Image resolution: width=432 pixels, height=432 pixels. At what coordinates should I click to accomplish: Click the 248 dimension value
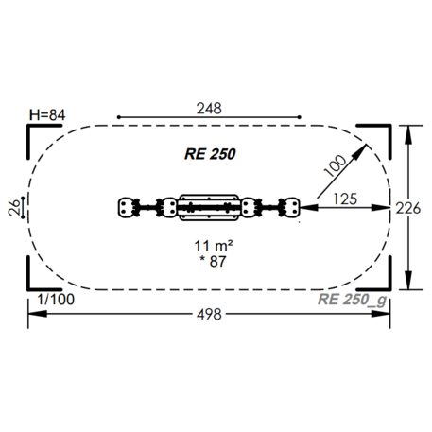click(209, 109)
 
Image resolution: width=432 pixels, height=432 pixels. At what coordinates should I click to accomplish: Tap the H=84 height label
click(47, 115)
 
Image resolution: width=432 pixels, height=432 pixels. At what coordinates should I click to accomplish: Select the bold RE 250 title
click(210, 154)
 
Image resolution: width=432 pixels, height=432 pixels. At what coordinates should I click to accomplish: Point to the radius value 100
click(335, 165)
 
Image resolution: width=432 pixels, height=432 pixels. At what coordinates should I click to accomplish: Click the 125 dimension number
click(345, 199)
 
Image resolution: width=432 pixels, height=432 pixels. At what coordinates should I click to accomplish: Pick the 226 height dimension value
click(408, 208)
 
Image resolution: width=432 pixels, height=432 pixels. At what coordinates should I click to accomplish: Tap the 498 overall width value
click(209, 314)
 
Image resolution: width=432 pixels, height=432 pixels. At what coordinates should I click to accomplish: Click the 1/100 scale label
click(56, 300)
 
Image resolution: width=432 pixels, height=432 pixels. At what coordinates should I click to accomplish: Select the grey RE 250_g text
click(352, 300)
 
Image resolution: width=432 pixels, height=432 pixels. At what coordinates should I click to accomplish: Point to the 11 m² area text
click(214, 246)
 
